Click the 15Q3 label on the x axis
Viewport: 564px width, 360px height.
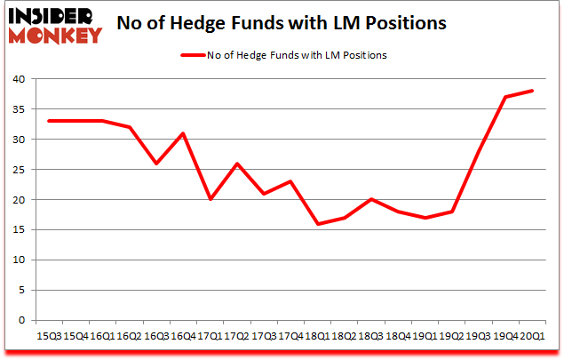point(50,335)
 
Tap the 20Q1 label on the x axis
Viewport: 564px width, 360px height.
point(531,335)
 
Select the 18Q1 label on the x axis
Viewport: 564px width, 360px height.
point(317,335)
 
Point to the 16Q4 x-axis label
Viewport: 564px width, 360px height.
point(183,335)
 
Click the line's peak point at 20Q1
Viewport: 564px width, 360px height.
point(532,91)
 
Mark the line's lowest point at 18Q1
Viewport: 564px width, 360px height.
point(318,224)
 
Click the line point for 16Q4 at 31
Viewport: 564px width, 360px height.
point(184,133)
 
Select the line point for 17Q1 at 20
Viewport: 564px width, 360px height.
point(211,200)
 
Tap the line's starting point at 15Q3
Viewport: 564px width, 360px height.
point(50,121)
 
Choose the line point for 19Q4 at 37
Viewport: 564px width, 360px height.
point(505,97)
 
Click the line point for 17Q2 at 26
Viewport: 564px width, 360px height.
point(237,164)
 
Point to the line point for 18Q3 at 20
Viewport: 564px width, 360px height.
point(371,200)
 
